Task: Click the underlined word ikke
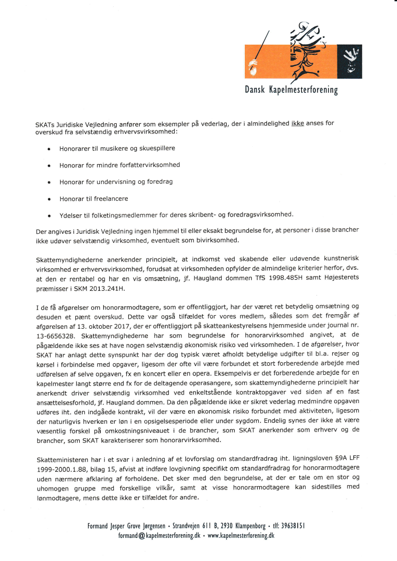[297, 123]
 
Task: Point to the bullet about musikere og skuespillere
[117, 149]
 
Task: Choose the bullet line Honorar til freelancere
[94, 199]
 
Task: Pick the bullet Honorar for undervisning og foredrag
[116, 182]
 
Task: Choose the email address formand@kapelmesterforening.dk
[159, 535]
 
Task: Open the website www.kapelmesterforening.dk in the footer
[241, 535]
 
